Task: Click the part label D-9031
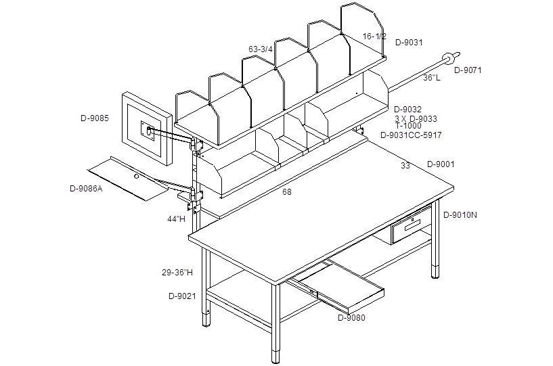(409, 43)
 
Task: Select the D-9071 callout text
(468, 70)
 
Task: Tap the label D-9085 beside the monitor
(95, 118)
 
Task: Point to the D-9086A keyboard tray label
(86, 189)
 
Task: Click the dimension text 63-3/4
(261, 49)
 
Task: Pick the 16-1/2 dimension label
(374, 37)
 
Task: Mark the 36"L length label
(432, 78)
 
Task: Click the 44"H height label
(176, 219)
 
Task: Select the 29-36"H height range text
(177, 272)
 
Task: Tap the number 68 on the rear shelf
(287, 192)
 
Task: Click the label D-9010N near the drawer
(460, 215)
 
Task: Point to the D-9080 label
(351, 318)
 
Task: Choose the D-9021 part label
(182, 296)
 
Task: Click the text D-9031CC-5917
(411, 135)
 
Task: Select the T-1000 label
(408, 126)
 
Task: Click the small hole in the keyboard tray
(137, 176)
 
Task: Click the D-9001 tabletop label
(441, 164)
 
